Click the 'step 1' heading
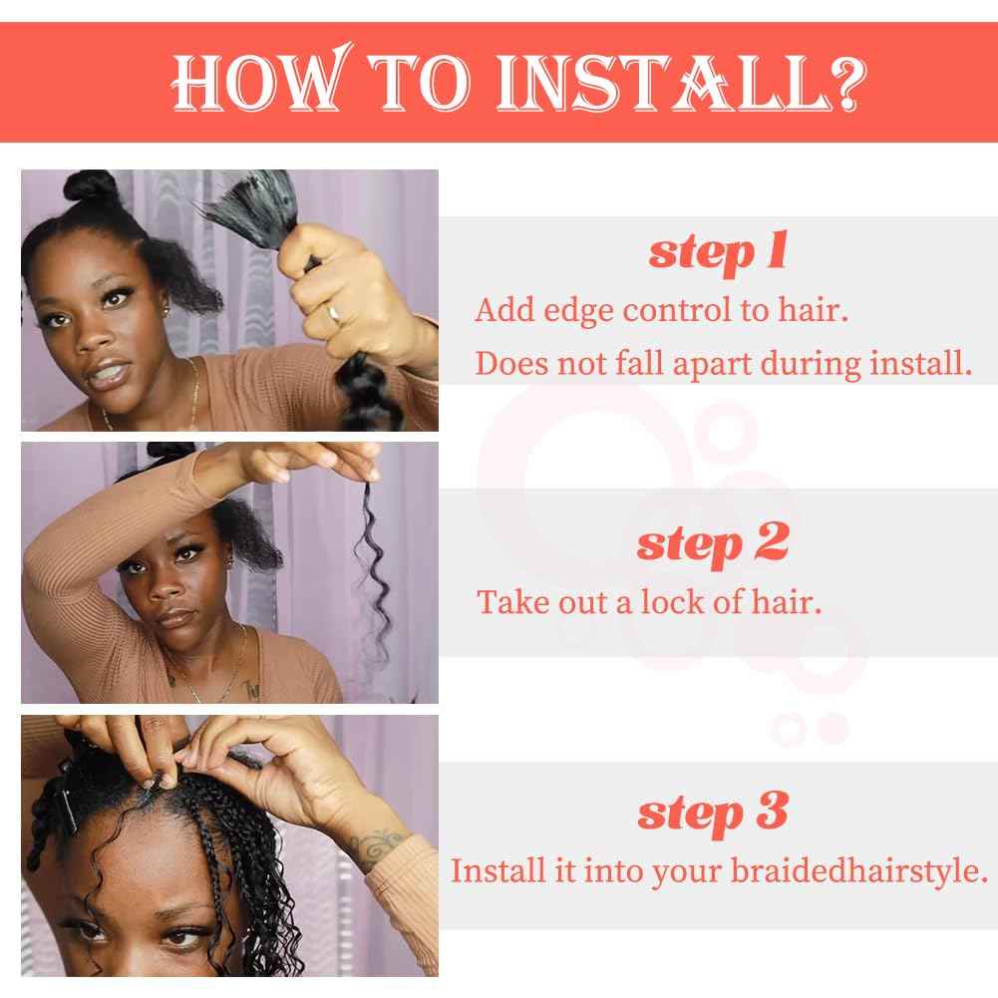click(718, 252)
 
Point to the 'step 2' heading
click(713, 544)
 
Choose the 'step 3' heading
click(713, 813)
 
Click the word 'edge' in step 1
click(578, 312)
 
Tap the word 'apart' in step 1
click(712, 365)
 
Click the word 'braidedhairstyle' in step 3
click(858, 871)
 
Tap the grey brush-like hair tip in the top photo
click(248, 203)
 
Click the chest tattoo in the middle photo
click(251, 689)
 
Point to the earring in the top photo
click(167, 311)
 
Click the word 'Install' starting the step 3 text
click(499, 870)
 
